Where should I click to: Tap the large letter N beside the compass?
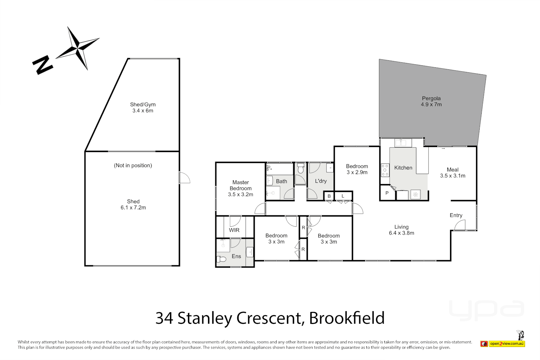pyautogui.click(x=42, y=65)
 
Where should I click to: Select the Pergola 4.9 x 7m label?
pyautogui.click(x=431, y=101)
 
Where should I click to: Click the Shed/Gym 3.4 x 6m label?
pyautogui.click(x=143, y=107)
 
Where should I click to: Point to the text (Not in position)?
pyautogui.click(x=133, y=165)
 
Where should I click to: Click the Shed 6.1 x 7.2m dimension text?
pyautogui.click(x=133, y=207)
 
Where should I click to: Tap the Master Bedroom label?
pyautogui.click(x=240, y=188)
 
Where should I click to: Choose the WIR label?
pyautogui.click(x=234, y=230)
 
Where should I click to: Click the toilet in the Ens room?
pyautogui.click(x=221, y=259)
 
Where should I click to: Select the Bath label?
pyautogui.click(x=281, y=181)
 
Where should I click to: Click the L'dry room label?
pyautogui.click(x=321, y=181)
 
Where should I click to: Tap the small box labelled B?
pyautogui.click(x=329, y=196)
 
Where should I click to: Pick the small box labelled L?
pyautogui.click(x=343, y=196)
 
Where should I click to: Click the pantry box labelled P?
pyautogui.click(x=387, y=193)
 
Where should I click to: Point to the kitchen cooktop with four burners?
pyautogui.click(x=385, y=170)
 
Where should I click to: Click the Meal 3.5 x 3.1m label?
pyautogui.click(x=452, y=173)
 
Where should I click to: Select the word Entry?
pyautogui.click(x=456, y=215)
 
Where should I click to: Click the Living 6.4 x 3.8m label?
pyautogui.click(x=401, y=230)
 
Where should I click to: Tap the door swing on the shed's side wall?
pyautogui.click(x=184, y=178)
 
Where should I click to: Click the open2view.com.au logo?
pyautogui.click(x=507, y=343)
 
